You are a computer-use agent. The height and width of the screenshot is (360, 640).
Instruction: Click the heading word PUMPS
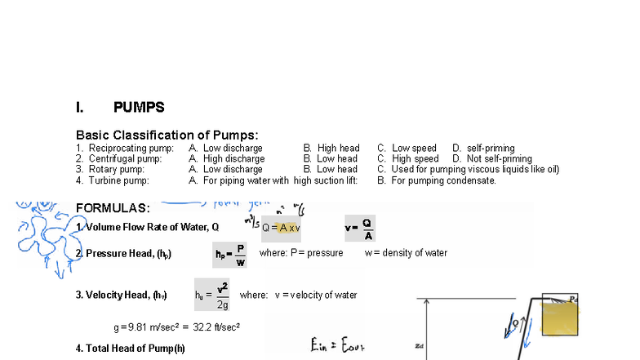tap(139, 108)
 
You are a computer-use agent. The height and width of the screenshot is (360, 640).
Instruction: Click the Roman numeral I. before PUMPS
tap(80, 108)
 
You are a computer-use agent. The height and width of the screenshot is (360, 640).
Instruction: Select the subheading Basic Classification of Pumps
tap(167, 135)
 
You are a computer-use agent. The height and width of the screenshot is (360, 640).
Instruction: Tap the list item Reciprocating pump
tap(125, 149)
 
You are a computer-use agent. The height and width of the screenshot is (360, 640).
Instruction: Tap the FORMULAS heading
tap(113, 208)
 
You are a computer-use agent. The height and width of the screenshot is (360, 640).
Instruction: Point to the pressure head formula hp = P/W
tap(229, 254)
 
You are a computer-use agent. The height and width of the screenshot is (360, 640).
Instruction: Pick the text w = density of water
tap(406, 253)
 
